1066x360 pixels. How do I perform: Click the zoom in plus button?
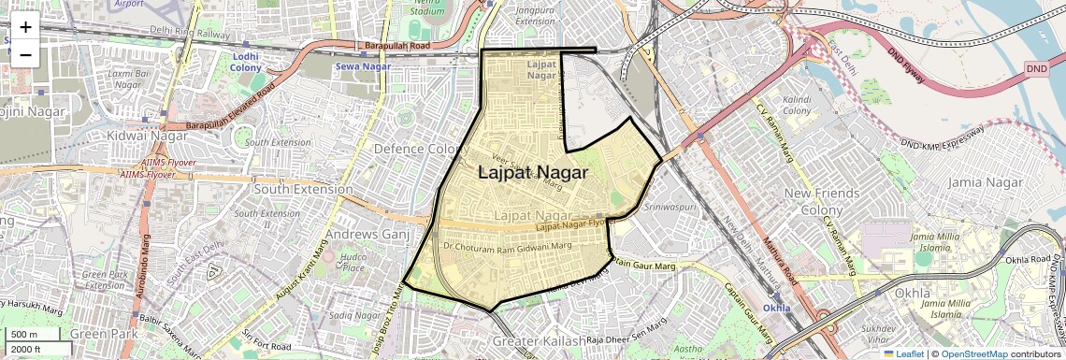pyautogui.click(x=25, y=27)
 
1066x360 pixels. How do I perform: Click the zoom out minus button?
pyautogui.click(x=25, y=55)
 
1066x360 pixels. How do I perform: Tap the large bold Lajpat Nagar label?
pyautogui.click(x=534, y=172)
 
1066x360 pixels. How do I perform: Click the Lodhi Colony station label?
pyautogui.click(x=246, y=62)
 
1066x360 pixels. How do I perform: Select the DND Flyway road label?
pyautogui.click(x=905, y=63)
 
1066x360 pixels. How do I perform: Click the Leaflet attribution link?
pyautogui.click(x=901, y=353)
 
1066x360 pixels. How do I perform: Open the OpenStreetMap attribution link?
pyautogui.click(x=973, y=353)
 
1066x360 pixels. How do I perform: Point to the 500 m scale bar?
pyautogui.click(x=33, y=335)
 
